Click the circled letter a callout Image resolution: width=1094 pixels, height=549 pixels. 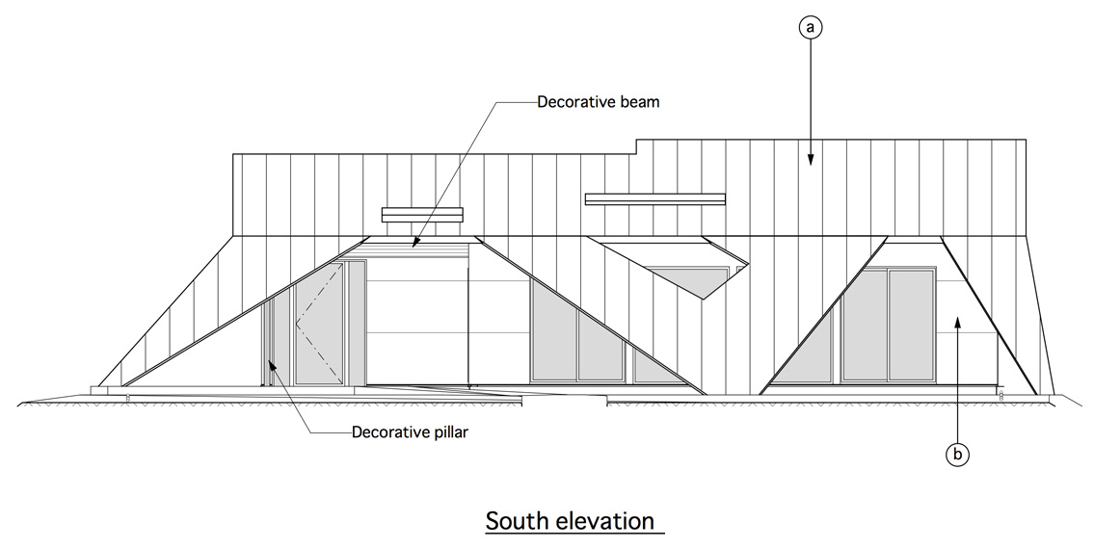coord(810,27)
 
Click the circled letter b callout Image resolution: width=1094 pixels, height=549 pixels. coord(957,455)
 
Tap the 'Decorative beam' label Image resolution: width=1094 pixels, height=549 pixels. coord(598,102)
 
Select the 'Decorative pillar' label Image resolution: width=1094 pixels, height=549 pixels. coord(410,431)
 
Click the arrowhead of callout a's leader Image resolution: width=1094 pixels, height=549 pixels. coord(810,159)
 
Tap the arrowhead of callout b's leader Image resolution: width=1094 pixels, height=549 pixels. coord(957,322)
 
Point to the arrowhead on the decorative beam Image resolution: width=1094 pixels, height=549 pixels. coord(414,242)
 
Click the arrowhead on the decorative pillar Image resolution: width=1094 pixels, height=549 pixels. coord(273,365)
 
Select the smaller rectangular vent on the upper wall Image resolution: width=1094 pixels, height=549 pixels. coord(422,215)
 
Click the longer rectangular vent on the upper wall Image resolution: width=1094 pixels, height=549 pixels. coord(655,198)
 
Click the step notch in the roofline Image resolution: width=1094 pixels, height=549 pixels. coord(638,146)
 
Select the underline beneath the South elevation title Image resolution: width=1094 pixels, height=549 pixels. coord(574,536)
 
